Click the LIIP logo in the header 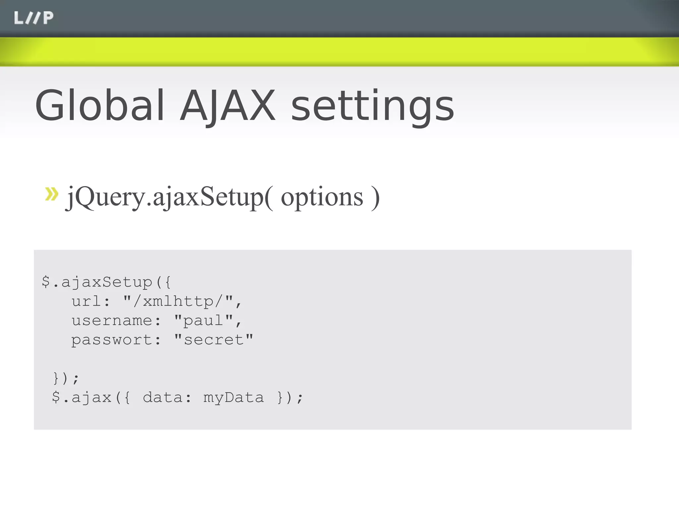pyautogui.click(x=33, y=18)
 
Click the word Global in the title pyautogui.click(x=99, y=105)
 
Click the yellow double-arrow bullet pyautogui.click(x=51, y=194)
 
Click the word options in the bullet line pyautogui.click(x=322, y=198)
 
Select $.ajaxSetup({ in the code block pyautogui.click(x=106, y=282)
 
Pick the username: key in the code pyautogui.click(x=116, y=320)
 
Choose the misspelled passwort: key pyautogui.click(x=116, y=340)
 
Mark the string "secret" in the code pyautogui.click(x=214, y=340)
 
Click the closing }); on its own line pyautogui.click(x=66, y=378)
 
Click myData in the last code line pyautogui.click(x=233, y=398)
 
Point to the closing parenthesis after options pyautogui.click(x=375, y=198)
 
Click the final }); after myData pyautogui.click(x=290, y=397)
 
